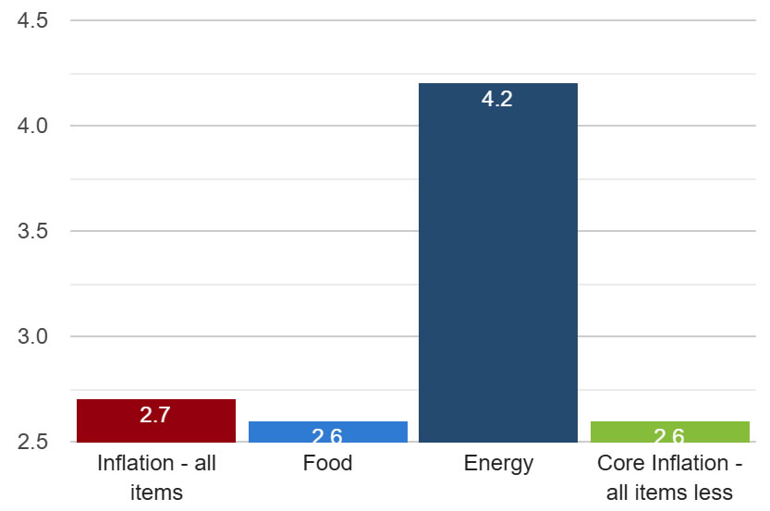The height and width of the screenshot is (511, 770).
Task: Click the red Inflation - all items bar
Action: pos(155,420)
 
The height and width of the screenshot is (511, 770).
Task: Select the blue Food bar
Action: pos(327,432)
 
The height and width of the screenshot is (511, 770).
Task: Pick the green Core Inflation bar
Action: pos(669,432)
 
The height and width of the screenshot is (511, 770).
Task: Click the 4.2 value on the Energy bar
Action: pos(497,99)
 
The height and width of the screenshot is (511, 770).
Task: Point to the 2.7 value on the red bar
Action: pos(155,415)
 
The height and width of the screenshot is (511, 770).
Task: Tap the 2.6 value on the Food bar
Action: pos(327,435)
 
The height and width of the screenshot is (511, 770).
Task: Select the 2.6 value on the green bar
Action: pos(669,435)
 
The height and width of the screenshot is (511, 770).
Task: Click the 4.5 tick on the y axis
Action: pos(32,20)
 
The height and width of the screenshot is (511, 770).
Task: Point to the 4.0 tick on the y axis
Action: pos(32,126)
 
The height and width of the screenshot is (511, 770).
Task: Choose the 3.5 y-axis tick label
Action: pos(32,231)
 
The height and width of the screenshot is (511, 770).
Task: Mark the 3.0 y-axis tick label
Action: pos(32,336)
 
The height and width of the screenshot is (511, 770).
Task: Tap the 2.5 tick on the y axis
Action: pos(32,442)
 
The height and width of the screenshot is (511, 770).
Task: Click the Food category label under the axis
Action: pos(327,463)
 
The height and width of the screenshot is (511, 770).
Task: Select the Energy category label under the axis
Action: pos(498,463)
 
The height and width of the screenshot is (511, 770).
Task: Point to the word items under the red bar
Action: pos(156,492)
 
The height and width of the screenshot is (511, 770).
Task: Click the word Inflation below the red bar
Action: pos(135,463)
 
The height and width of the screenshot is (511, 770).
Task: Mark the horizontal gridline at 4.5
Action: pos(416,20)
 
